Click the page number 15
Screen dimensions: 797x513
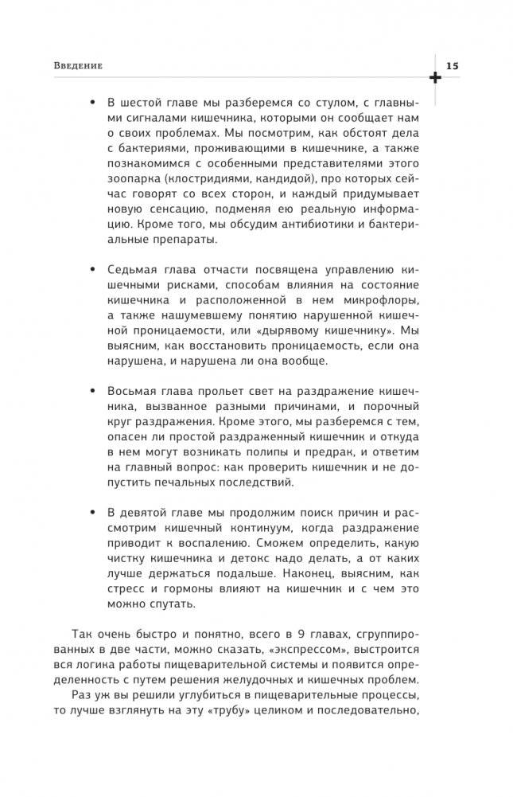click(452, 64)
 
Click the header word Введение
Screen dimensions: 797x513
click(77, 64)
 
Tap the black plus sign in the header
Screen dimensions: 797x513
click(435, 77)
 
